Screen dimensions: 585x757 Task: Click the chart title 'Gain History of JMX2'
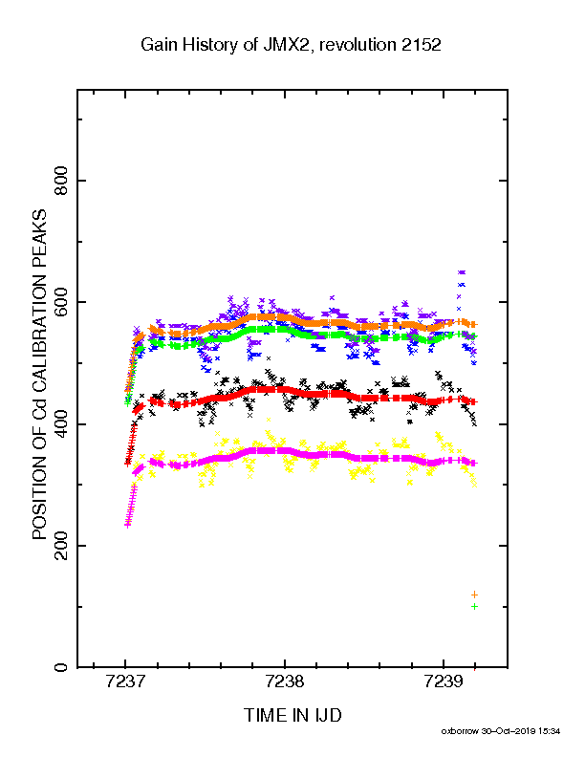[x=225, y=45]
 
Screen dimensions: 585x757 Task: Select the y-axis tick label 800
[x=61, y=181]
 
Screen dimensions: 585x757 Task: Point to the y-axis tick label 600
[x=61, y=302]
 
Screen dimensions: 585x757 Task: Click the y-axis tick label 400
[x=61, y=423]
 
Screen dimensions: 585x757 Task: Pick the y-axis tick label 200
[x=61, y=546]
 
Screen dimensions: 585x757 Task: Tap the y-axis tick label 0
[x=61, y=668]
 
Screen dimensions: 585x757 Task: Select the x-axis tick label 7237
[x=125, y=681]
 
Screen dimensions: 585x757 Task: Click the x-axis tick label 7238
[x=285, y=681]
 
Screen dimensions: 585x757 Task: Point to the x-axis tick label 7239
[x=444, y=681]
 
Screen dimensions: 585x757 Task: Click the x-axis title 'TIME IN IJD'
[x=292, y=715]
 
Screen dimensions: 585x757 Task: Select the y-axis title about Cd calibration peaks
[x=39, y=374]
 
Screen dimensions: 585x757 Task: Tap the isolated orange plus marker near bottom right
[x=474, y=595]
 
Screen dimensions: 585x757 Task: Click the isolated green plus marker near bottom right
[x=474, y=606]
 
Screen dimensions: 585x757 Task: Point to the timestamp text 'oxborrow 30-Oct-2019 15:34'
[x=501, y=731]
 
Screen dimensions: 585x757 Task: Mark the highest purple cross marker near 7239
[x=462, y=272]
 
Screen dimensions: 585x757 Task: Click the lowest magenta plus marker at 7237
[x=127, y=525]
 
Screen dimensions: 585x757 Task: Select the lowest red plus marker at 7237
[x=127, y=464]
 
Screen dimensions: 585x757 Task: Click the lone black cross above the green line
[x=269, y=358]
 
